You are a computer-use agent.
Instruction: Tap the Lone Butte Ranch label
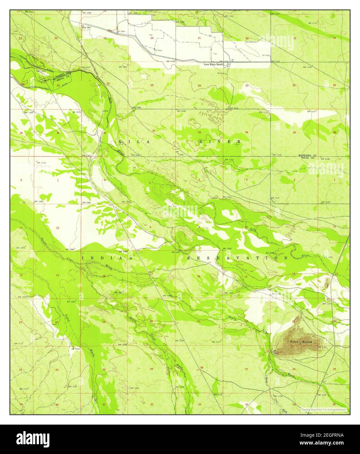(213, 65)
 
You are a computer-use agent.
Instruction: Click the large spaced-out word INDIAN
(107, 258)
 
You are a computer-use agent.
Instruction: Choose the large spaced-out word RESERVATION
(237, 258)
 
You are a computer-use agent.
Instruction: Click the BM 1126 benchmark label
(325, 159)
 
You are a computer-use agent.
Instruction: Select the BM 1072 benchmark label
(41, 163)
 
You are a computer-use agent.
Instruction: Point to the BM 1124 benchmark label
(307, 67)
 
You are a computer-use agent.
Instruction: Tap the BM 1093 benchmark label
(76, 349)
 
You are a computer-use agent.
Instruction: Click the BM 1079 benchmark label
(22, 297)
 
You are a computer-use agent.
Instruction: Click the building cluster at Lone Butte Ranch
(228, 64)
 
